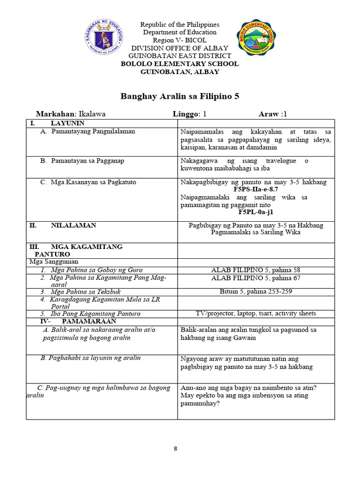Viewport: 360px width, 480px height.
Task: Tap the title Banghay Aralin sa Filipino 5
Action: [x=180, y=97]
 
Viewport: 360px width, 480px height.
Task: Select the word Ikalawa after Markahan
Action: [x=92, y=114]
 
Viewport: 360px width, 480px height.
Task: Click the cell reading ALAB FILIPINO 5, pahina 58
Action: [x=256, y=270]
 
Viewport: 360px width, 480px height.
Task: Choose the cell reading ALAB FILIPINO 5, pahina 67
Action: [x=256, y=278]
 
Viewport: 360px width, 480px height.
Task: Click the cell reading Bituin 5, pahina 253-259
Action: [x=256, y=291]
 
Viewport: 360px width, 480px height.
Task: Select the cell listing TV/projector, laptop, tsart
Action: [x=256, y=313]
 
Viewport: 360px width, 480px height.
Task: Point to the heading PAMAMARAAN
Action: [x=89, y=322]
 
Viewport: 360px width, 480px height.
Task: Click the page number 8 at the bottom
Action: [x=176, y=449]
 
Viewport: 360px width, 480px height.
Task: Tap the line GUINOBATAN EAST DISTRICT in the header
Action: [x=180, y=56]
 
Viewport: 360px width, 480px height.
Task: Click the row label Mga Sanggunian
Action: [x=53, y=262]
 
